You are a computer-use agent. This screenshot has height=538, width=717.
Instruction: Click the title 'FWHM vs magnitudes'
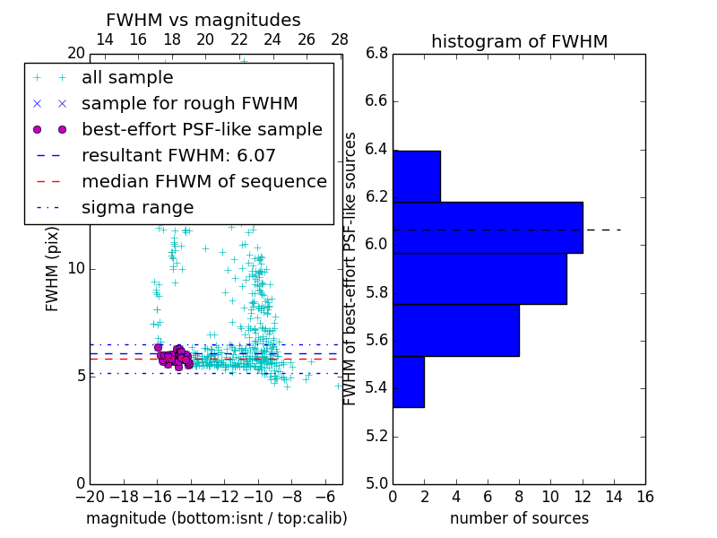click(x=203, y=20)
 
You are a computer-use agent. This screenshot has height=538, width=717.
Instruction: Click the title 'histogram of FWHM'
click(x=519, y=41)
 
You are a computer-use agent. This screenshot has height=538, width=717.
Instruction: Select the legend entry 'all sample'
click(x=127, y=78)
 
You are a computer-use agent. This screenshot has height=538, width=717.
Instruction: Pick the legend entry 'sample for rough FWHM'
click(x=189, y=104)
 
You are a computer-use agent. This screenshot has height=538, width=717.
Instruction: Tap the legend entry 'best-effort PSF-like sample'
click(x=202, y=130)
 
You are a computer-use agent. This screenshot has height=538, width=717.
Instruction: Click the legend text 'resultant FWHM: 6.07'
click(x=178, y=156)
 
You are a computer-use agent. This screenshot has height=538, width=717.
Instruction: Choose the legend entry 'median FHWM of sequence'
click(x=203, y=182)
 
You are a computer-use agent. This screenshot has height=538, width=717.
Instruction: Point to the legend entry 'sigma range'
click(x=137, y=208)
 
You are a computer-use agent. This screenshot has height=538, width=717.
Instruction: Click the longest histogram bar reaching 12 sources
click(x=488, y=228)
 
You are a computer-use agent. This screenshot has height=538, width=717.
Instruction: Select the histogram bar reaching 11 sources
click(x=479, y=279)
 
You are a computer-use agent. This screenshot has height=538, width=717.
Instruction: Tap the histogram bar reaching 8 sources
click(x=455, y=330)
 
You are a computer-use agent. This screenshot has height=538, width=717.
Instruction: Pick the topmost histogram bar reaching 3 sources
click(x=416, y=177)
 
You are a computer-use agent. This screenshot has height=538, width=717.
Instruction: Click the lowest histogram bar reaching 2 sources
click(x=408, y=381)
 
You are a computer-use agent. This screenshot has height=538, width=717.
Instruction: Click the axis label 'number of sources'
click(x=519, y=519)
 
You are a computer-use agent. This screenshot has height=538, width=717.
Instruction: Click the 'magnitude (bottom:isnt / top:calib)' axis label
click(x=216, y=519)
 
